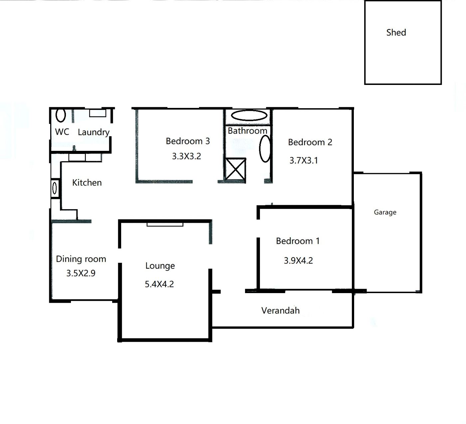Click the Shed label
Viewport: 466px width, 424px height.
[x=396, y=33]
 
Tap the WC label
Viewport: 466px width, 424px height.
[x=62, y=132]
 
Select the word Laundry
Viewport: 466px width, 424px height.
[x=94, y=132]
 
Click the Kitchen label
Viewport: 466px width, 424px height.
[x=87, y=183]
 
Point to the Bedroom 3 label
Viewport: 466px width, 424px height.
[x=188, y=141]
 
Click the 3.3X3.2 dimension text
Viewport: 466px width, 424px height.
[x=186, y=156]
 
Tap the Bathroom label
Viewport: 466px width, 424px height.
[x=247, y=131]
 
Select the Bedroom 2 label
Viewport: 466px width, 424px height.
[x=310, y=142]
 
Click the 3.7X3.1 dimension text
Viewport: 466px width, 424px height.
[x=304, y=161]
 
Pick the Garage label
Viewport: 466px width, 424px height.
[x=385, y=212]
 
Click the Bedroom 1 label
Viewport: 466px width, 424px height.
[x=298, y=241]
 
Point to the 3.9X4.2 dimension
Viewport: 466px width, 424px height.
[x=298, y=260]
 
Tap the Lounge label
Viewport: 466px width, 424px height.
[x=160, y=266]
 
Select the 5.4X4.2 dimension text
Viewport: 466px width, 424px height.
[x=159, y=284]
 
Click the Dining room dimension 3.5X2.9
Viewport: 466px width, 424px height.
[x=81, y=273]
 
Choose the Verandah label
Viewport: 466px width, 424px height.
[x=280, y=310]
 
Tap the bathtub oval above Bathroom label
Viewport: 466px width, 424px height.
[x=249, y=115]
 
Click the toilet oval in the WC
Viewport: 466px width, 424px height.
[x=61, y=115]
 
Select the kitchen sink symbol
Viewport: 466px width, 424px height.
[x=55, y=188]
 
